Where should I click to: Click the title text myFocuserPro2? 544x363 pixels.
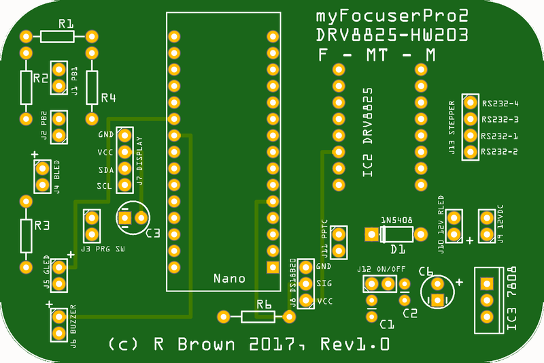[393, 16]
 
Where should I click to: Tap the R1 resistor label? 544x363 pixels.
[65, 24]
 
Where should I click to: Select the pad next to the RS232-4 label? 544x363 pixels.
[469, 103]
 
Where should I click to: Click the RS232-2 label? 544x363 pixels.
[500, 151]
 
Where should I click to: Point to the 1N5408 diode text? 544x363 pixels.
[396, 221]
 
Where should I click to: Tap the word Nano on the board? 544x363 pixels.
[229, 279]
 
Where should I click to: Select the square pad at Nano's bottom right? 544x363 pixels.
[273, 267]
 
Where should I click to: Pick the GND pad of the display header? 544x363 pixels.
[124, 135]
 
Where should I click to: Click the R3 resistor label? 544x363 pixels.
[42, 224]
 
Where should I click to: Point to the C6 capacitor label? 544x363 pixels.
[426, 271]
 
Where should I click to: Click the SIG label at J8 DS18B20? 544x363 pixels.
[324, 283]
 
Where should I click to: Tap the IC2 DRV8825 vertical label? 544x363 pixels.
[368, 132]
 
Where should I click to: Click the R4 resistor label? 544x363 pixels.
[108, 98]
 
